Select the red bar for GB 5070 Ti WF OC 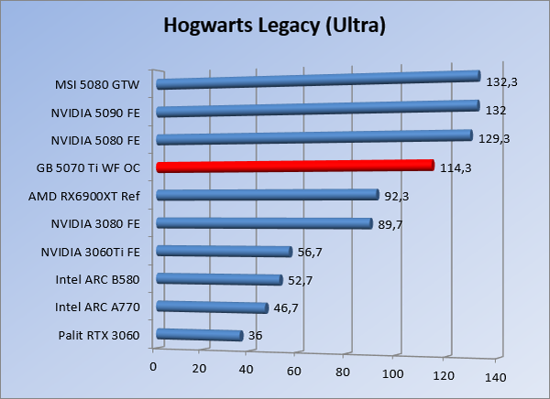click(x=293, y=167)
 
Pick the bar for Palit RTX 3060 click(x=199, y=336)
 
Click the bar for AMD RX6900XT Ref click(x=267, y=195)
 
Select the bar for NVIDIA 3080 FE click(x=264, y=223)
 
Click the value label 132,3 click(x=502, y=82)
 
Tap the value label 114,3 click(x=456, y=167)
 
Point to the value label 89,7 click(x=391, y=223)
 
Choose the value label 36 click(x=256, y=336)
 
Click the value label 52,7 click(x=302, y=280)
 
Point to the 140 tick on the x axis click(x=495, y=378)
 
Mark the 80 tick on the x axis click(x=344, y=372)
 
